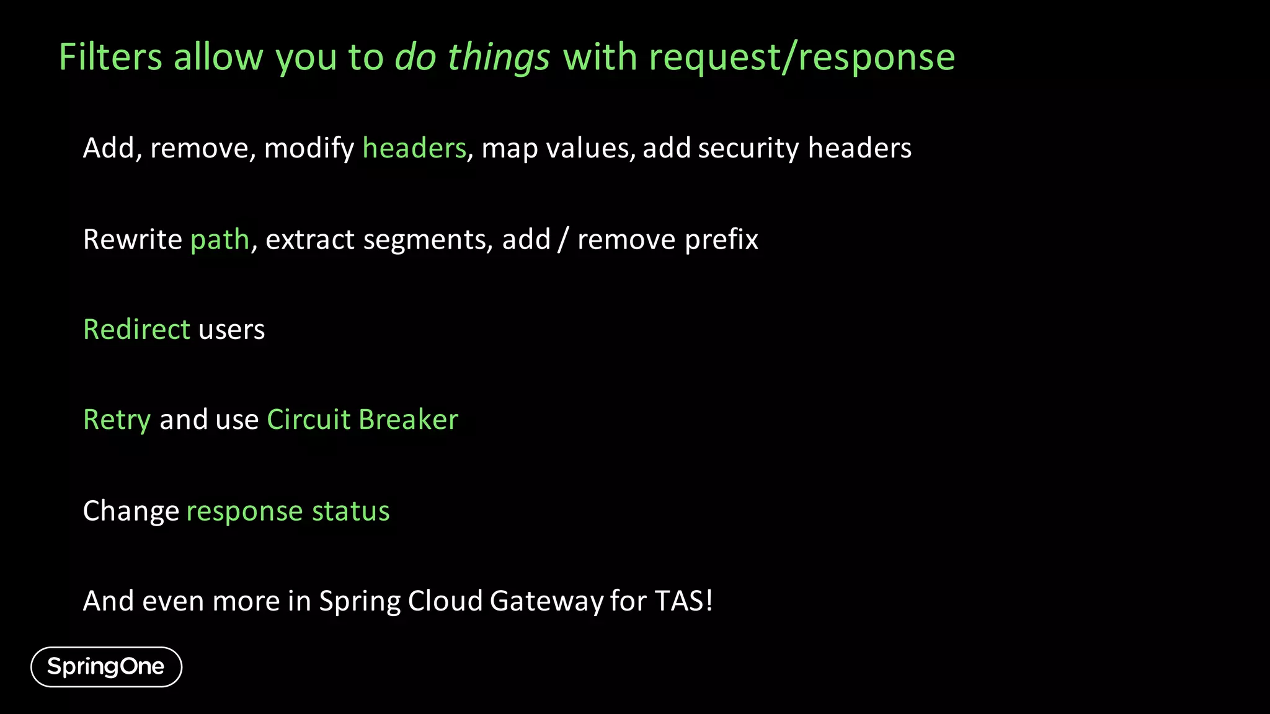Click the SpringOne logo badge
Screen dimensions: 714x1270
pyautogui.click(x=106, y=667)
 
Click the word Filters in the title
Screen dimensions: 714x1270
pyautogui.click(x=110, y=58)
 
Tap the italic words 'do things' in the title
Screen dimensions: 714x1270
pyautogui.click(x=472, y=58)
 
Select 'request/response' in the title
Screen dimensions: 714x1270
pyautogui.click(x=802, y=58)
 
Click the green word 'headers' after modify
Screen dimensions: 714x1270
pyautogui.click(x=414, y=149)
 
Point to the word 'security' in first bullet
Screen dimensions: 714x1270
pyautogui.click(x=748, y=149)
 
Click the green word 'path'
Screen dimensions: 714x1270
pyautogui.click(x=220, y=240)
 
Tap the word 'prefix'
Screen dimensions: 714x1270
pyautogui.click(x=721, y=240)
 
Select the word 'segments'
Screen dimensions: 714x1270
pyautogui.click(x=428, y=240)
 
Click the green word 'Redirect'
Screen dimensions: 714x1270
pyautogui.click(x=136, y=330)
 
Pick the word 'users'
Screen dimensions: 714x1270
pyautogui.click(x=231, y=330)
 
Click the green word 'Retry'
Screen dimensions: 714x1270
pyautogui.click(x=117, y=420)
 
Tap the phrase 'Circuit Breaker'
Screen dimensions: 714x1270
pyautogui.click(x=362, y=420)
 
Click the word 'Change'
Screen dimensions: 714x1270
pyautogui.click(x=131, y=511)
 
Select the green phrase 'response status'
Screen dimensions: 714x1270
pyautogui.click(x=288, y=511)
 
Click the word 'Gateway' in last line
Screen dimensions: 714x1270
pyautogui.click(x=546, y=601)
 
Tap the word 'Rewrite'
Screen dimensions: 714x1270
pyautogui.click(x=132, y=240)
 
